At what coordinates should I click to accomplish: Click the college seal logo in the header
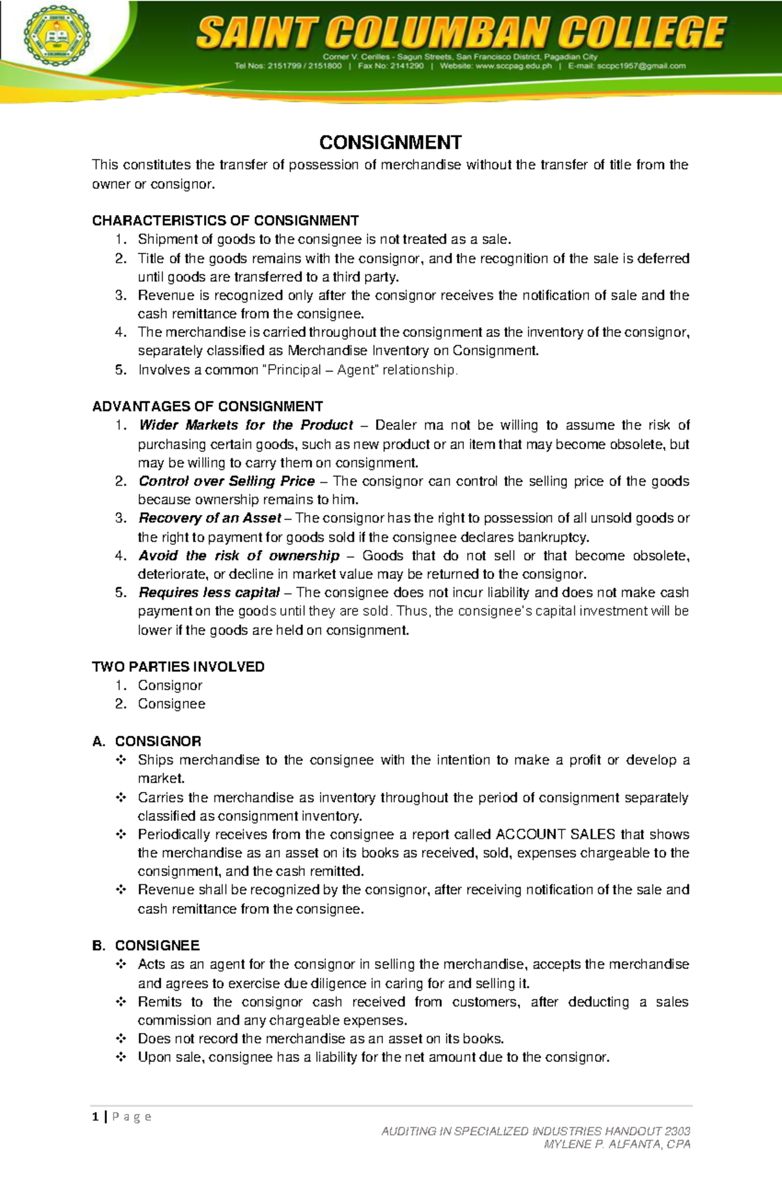click(x=57, y=36)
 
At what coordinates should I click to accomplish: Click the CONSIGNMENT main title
click(x=390, y=143)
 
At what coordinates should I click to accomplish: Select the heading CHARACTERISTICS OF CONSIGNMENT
click(x=225, y=220)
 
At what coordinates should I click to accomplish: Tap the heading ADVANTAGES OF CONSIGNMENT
click(x=207, y=407)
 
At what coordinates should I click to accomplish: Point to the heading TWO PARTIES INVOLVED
click(x=178, y=667)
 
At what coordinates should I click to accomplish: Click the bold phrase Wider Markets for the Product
click(x=246, y=426)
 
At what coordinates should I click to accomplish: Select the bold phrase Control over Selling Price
click(x=227, y=482)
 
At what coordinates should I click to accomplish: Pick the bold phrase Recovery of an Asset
click(x=210, y=519)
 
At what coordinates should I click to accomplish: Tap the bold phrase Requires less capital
click(x=209, y=593)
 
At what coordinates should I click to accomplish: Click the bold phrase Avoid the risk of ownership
click(x=239, y=556)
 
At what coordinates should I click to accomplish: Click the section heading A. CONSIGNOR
click(x=147, y=742)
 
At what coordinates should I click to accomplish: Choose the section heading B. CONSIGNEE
click(x=146, y=946)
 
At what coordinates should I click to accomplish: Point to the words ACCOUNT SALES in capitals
click(x=555, y=835)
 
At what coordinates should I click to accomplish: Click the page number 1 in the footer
click(x=96, y=1117)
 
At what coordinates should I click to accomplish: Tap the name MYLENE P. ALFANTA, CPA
click(x=617, y=1145)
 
